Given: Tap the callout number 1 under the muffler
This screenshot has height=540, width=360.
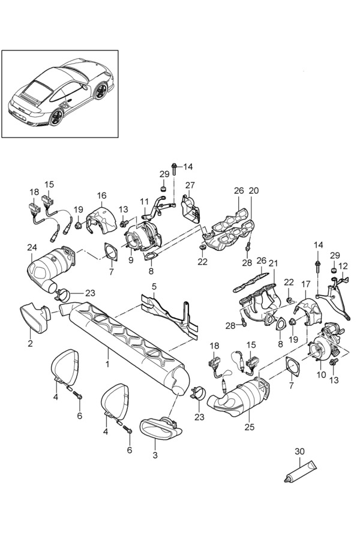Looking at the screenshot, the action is point(107,364).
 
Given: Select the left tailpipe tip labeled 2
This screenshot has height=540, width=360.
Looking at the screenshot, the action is point(35,318).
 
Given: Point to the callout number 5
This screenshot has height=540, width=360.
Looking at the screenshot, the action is point(154,286).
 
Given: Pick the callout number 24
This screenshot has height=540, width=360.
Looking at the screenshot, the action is point(32,247).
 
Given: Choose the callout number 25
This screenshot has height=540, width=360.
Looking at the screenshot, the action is point(250,427).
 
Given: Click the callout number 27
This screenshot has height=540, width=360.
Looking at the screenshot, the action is point(190,185).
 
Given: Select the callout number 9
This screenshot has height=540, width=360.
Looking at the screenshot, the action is point(131,260).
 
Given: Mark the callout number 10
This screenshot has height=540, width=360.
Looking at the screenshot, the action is point(321,374).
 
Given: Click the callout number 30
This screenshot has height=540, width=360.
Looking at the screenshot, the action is point(300,451).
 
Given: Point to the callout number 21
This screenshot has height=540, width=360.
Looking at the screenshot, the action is point(273,264).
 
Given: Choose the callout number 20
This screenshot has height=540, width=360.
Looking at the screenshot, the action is point(254,190).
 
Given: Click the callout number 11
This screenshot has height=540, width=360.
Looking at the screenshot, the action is point(144,202).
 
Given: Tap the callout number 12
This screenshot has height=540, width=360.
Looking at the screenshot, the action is point(343,266).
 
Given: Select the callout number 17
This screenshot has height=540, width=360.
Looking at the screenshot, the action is point(306,284).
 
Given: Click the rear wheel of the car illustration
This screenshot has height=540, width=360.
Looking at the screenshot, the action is point(56,117).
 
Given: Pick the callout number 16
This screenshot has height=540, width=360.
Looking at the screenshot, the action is point(101,196).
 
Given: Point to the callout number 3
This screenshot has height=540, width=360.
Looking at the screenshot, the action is point(155,455).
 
